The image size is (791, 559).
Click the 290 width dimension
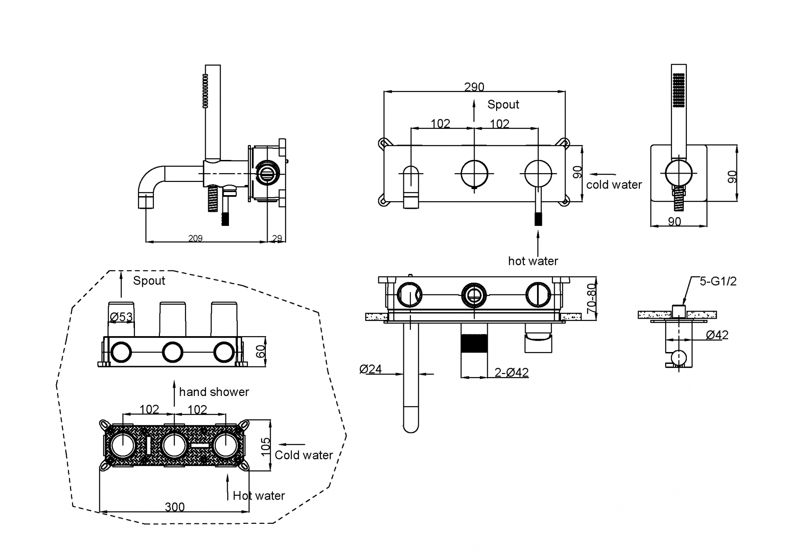pyautogui.click(x=474, y=87)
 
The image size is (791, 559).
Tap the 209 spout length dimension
pyautogui.click(x=195, y=238)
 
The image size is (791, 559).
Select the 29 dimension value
pyautogui.click(x=277, y=238)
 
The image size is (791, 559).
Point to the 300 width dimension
pyautogui.click(x=174, y=507)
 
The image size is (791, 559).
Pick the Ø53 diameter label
pyautogui.click(x=121, y=317)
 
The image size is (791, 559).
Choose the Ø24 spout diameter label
pyautogui.click(x=370, y=369)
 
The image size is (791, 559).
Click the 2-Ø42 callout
pyautogui.click(x=512, y=373)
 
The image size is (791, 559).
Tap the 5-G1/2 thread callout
pyautogui.click(x=718, y=281)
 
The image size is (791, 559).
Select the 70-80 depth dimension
pyautogui.click(x=591, y=298)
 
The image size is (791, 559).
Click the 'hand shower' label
pyautogui.click(x=214, y=392)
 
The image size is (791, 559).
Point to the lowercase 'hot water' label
pyautogui.click(x=533, y=261)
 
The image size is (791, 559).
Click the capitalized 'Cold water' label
pyautogui.click(x=304, y=455)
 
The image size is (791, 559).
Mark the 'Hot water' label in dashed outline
pyautogui.click(x=259, y=496)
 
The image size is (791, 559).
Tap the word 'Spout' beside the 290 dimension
pyautogui.click(x=503, y=105)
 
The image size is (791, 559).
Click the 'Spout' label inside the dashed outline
pyautogui.click(x=149, y=281)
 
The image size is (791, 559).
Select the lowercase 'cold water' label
pyautogui.click(x=614, y=185)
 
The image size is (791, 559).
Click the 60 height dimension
pyautogui.click(x=261, y=352)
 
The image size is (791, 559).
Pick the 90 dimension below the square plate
pyautogui.click(x=675, y=221)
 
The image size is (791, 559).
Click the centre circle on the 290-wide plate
pyautogui.click(x=474, y=174)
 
